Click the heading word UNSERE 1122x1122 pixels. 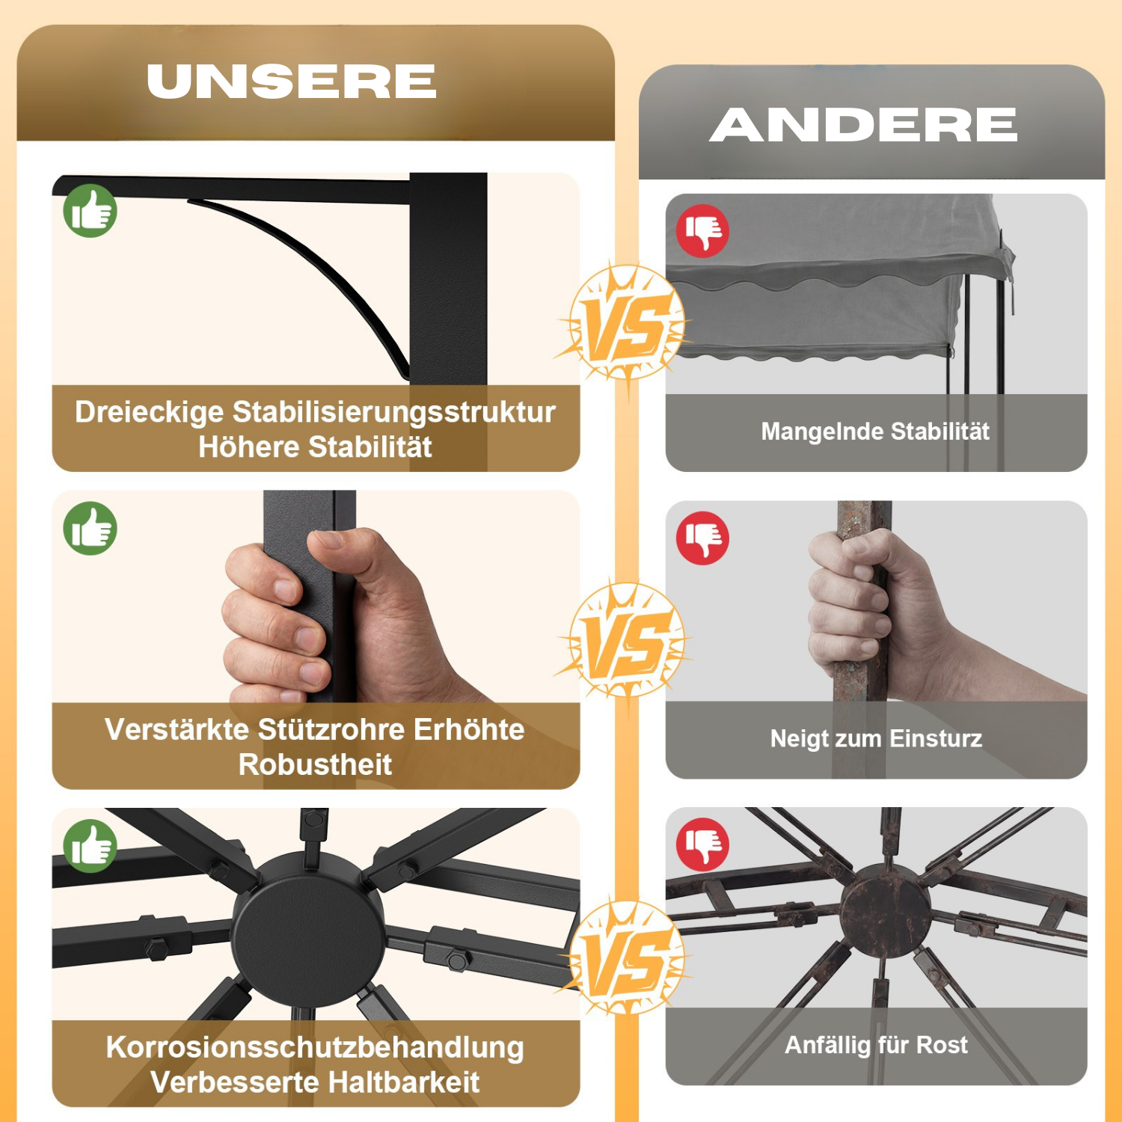click(292, 81)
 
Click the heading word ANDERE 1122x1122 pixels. click(864, 124)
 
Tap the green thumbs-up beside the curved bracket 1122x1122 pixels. click(91, 211)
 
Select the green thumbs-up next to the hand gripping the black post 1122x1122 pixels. click(91, 528)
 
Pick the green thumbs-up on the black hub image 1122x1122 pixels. click(91, 846)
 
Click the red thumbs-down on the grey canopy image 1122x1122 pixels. click(703, 231)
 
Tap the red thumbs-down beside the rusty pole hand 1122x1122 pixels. click(703, 538)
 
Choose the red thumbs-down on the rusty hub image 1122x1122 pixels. click(703, 844)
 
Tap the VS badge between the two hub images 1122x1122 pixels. click(625, 958)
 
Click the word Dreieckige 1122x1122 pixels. click(150, 413)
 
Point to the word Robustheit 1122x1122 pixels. click(315, 764)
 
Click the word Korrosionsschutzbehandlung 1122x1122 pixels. click(315, 1047)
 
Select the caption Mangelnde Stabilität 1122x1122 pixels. click(875, 432)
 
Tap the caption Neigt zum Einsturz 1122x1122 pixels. click(876, 739)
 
